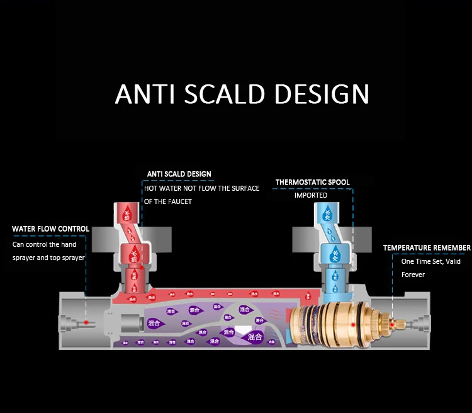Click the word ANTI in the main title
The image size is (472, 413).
[145, 93]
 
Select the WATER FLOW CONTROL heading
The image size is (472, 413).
[50, 229]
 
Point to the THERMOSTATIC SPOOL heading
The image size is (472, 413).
[312, 183]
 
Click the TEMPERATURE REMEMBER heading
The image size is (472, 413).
[427, 248]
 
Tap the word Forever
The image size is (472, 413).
[413, 274]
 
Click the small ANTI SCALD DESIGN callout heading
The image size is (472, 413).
[179, 174]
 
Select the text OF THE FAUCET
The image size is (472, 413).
[168, 201]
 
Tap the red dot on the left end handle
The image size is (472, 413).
[86, 322]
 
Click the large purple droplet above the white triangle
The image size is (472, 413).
[244, 310]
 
